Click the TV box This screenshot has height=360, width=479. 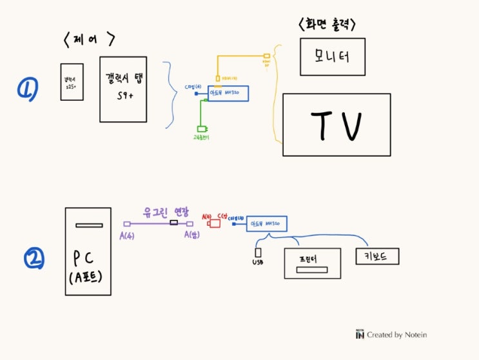click(337, 125)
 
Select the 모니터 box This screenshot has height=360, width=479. click(333, 56)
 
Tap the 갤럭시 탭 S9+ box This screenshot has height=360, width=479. click(123, 88)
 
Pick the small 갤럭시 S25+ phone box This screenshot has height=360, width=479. click(72, 82)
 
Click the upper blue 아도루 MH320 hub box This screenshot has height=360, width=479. click(229, 93)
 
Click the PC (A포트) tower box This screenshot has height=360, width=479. click(88, 251)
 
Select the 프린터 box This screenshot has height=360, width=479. click(313, 263)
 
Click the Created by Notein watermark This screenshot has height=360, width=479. click(391, 334)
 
